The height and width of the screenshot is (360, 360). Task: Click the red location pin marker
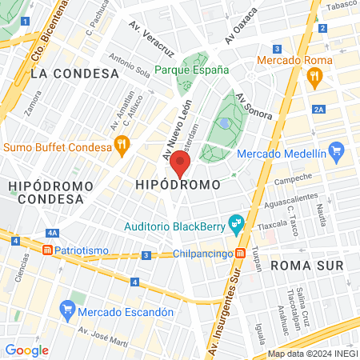click(x=181, y=164)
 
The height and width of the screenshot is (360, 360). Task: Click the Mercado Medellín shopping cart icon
click(x=336, y=150)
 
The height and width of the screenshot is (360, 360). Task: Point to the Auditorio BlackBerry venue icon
click(x=235, y=224)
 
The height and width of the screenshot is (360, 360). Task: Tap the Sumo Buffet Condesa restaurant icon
click(x=122, y=146)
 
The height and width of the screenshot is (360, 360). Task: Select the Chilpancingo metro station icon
click(x=239, y=254)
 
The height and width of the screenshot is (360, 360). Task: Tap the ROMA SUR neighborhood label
click(x=306, y=264)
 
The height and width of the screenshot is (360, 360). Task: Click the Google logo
click(x=26, y=350)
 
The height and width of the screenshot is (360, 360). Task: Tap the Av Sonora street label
click(x=254, y=107)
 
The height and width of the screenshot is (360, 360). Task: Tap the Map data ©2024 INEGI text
click(x=311, y=354)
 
